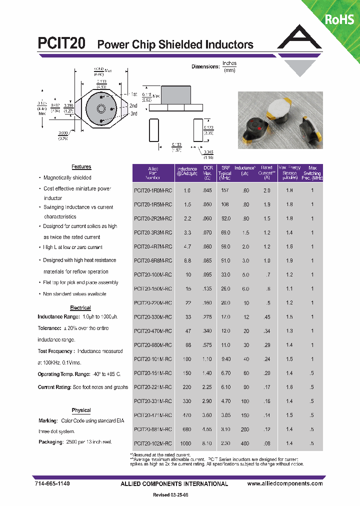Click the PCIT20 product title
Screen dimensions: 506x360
(61, 44)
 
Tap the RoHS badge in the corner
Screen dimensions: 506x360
(339, 19)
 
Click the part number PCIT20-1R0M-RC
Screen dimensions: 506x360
(153, 190)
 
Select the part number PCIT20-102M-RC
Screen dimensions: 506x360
(153, 443)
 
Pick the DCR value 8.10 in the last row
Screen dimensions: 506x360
(207, 443)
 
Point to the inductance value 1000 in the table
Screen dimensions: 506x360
(186, 443)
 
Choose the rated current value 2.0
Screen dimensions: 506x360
(266, 190)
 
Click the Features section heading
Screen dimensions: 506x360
(81, 167)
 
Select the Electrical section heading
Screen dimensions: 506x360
(80, 308)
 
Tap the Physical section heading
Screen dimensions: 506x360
(81, 410)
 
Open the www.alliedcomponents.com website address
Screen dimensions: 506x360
(285, 484)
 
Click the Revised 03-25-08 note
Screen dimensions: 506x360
(170, 495)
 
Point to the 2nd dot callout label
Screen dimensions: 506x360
(133, 106)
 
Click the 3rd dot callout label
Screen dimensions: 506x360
(133, 114)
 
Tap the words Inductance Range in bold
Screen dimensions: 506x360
(58, 317)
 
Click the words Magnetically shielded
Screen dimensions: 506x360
(67, 177)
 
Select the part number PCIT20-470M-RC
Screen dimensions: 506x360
(153, 331)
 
